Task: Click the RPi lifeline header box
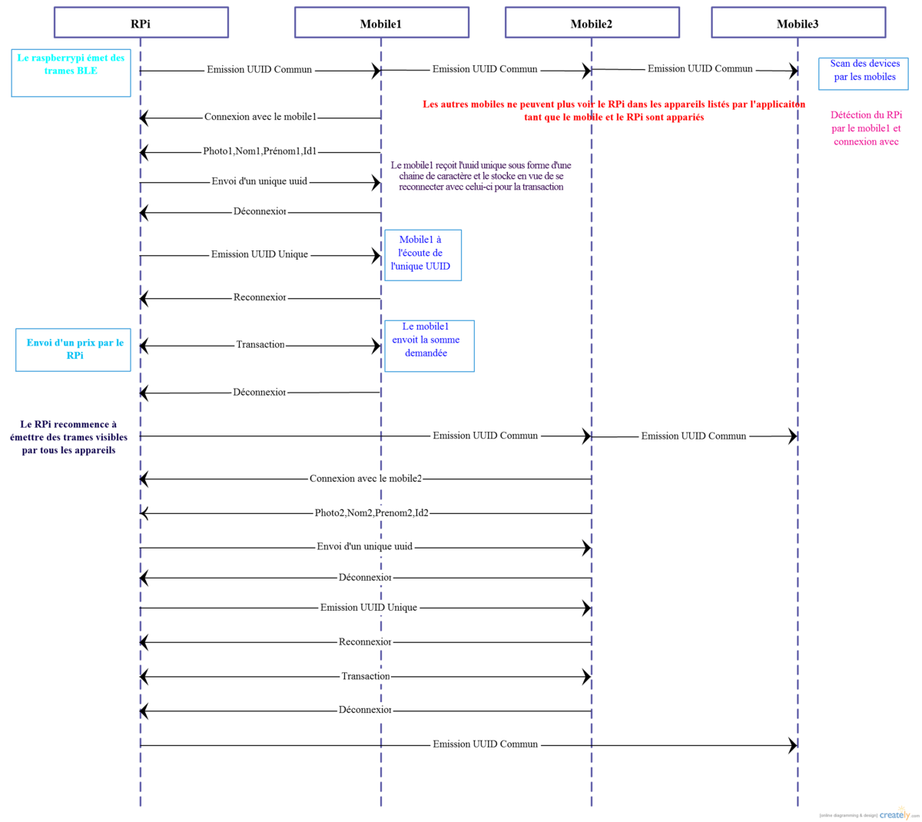coord(141,23)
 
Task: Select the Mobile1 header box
coord(381,23)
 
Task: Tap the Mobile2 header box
coord(592,23)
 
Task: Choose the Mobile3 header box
coord(798,23)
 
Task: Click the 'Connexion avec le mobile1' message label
coord(260,117)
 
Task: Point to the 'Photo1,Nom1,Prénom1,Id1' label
coord(260,151)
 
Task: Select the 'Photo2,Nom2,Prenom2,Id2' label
coord(371,512)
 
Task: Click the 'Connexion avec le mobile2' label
coord(366,479)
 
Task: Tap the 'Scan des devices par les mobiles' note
coord(864,71)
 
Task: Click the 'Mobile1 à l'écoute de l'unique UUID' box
coord(422,254)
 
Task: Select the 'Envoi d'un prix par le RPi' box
coord(75,350)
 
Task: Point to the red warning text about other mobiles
coord(613,111)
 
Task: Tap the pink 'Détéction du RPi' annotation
coord(866,128)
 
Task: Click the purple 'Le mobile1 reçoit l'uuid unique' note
coord(481,176)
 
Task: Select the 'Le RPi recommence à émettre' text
coord(69,437)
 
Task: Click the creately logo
coord(895,814)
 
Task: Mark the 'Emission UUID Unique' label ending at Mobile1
coord(260,254)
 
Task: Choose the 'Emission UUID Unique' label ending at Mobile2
coord(369,607)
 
